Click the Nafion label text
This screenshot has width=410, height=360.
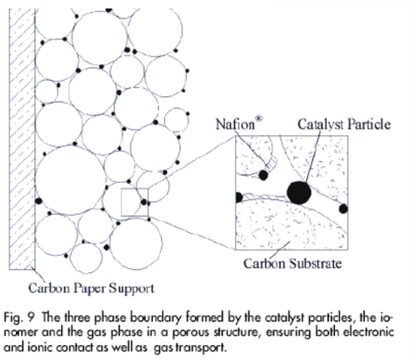tap(235, 124)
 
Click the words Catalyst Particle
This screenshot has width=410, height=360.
tap(344, 124)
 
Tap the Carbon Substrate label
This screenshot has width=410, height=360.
tap(292, 263)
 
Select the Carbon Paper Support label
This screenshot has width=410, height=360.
tap(91, 289)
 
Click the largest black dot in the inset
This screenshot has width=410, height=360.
tap(299, 192)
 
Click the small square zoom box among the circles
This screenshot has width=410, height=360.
tap(135, 202)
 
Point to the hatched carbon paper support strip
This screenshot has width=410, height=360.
tap(22, 139)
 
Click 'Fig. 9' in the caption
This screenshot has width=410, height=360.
tap(19, 317)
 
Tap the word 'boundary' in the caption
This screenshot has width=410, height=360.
tap(156, 317)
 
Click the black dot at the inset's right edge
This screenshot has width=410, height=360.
tap(343, 209)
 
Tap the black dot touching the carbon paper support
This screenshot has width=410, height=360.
tap(39, 201)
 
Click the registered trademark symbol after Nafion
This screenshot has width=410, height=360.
tap(259, 119)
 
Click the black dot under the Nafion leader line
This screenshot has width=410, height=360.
tap(264, 175)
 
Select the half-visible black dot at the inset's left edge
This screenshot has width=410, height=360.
tap(239, 197)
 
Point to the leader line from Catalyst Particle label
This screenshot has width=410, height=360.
tap(313, 157)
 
